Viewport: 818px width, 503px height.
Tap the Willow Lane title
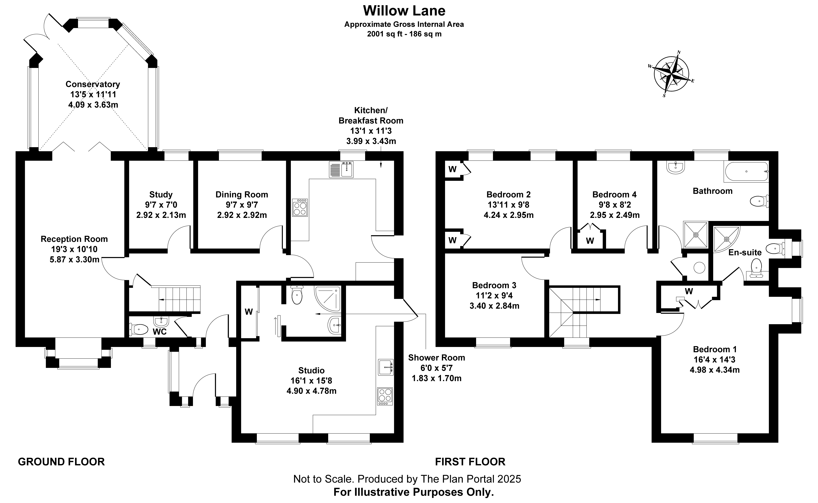404,11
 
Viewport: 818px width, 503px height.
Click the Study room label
161,195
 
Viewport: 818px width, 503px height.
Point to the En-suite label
745,253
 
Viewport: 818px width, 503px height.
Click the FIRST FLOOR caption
470,462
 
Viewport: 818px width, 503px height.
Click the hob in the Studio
385,396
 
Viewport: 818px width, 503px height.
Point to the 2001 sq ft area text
404,34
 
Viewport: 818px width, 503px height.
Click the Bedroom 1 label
715,349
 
